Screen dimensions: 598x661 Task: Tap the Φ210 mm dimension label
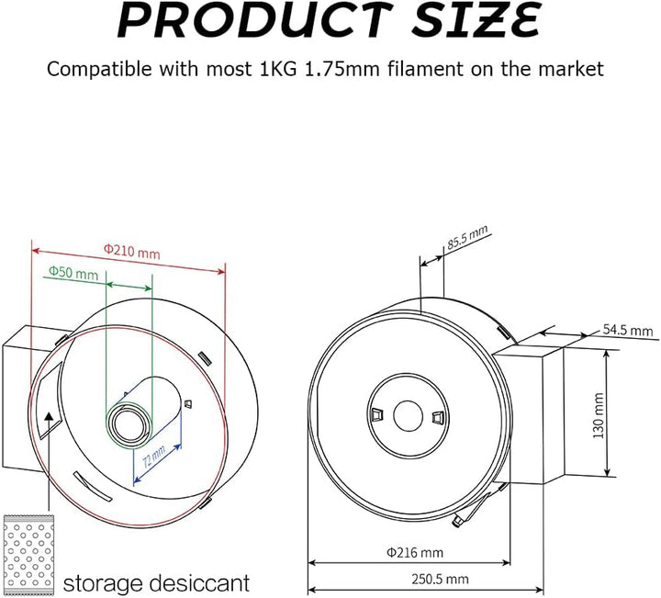point(130,248)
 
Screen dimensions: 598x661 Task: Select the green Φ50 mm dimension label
point(73,273)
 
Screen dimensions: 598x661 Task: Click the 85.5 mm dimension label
point(467,240)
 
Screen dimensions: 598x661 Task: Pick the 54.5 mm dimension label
point(628,330)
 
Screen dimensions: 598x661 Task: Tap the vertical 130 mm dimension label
point(599,416)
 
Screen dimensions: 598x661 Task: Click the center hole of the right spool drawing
point(407,416)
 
